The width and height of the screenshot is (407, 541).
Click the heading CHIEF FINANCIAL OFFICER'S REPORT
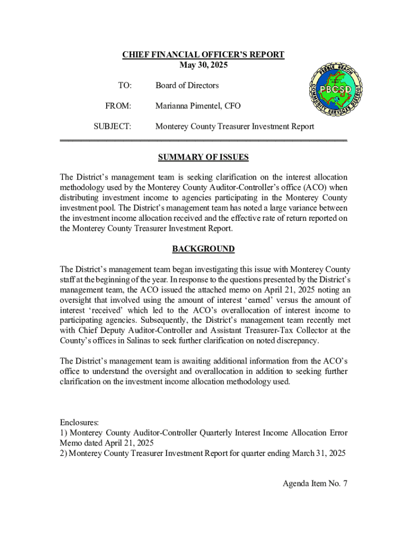pos(203,55)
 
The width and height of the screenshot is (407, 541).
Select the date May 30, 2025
pos(203,65)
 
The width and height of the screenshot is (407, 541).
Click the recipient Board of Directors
pos(187,86)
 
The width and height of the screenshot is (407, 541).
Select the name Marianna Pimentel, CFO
pos(198,106)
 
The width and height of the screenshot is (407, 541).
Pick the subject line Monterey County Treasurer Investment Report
pos(234,127)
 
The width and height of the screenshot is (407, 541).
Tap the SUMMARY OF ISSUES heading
pos(203,157)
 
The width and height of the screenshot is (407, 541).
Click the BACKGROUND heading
pos(203,249)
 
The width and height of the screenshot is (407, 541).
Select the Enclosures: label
pos(79,423)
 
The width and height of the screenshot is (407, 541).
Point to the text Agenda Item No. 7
pos(314,483)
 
